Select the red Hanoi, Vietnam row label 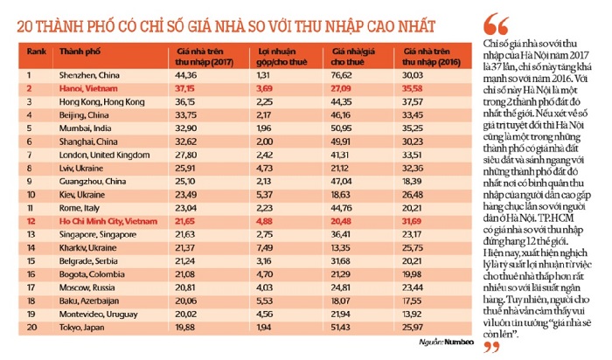click(x=85, y=89)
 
